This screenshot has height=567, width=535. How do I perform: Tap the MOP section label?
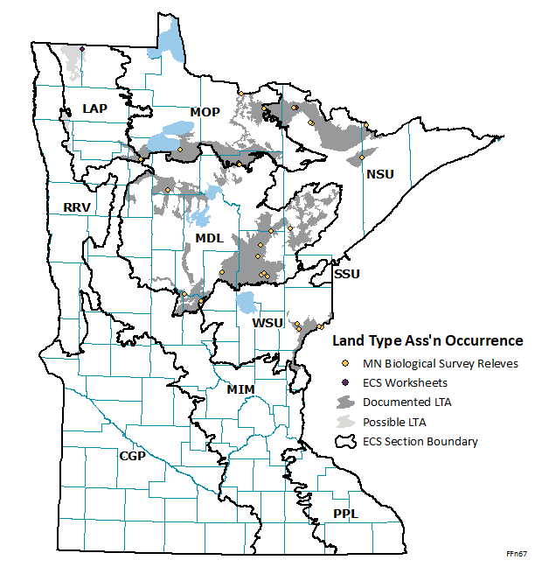click(x=205, y=111)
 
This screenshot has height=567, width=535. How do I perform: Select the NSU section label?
click(x=380, y=174)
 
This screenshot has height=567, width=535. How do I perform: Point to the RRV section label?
click(x=78, y=207)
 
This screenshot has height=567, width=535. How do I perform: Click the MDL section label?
click(x=209, y=238)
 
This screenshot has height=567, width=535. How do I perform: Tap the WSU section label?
click(x=267, y=324)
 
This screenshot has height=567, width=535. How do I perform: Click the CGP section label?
click(x=132, y=456)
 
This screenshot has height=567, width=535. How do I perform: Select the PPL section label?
click(x=345, y=514)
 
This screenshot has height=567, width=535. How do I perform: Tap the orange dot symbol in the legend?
click(x=345, y=363)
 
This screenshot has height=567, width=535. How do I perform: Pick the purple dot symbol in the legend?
click(x=345, y=382)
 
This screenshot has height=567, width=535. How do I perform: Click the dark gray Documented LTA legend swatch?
click(x=346, y=402)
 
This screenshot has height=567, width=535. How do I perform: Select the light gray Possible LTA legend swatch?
click(x=346, y=422)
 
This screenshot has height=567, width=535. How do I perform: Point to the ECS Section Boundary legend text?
click(x=420, y=441)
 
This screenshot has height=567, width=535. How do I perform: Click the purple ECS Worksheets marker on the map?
click(x=81, y=49)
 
